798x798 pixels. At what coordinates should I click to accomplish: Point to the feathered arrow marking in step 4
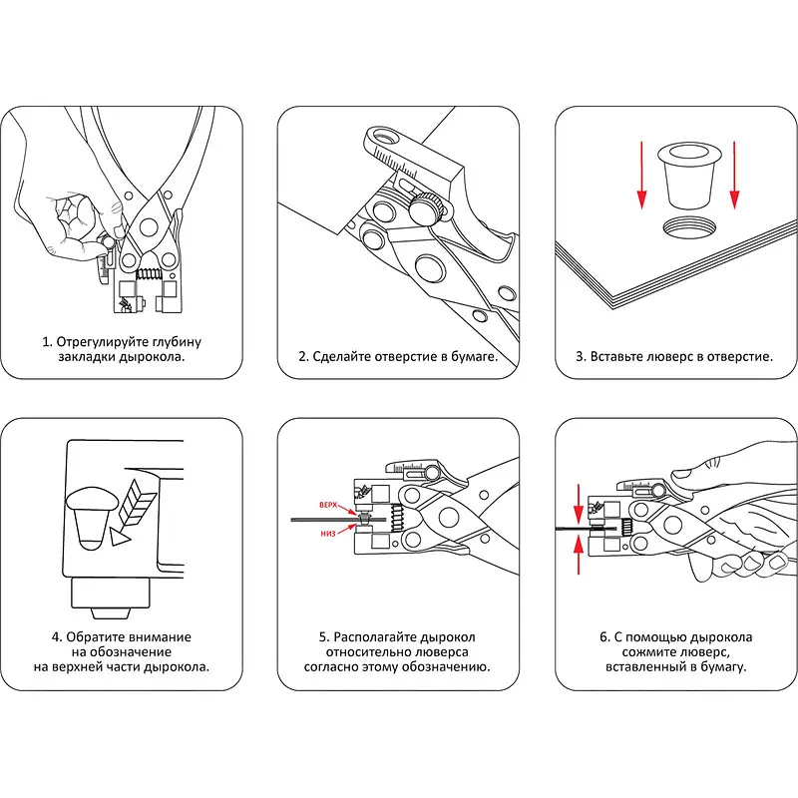coord(130,509)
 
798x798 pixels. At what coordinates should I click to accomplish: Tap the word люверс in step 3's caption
coord(667,356)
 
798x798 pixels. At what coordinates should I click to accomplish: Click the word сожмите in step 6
coord(636,651)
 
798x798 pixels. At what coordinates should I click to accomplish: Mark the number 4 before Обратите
coord(55,636)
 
